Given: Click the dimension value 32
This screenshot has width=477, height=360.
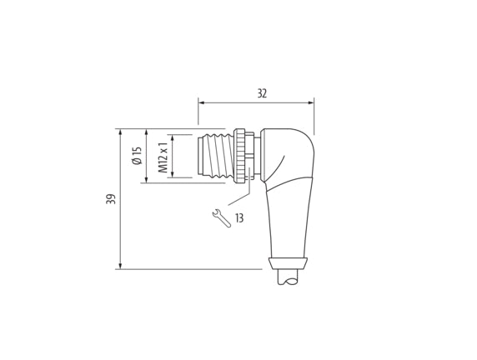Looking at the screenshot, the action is (262, 93).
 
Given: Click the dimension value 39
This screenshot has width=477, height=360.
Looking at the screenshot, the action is (112, 199).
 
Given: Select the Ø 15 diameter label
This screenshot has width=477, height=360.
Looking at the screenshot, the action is (138, 156).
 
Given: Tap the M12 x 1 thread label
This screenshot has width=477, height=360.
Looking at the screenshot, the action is (163, 157).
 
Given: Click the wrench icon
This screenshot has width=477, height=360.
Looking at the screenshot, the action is (221, 218).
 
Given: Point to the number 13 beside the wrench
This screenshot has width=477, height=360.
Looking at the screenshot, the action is (239, 217).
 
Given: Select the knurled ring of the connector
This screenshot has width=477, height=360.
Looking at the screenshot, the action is (239, 156).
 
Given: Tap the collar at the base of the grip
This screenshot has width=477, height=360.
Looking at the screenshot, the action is (288, 263).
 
